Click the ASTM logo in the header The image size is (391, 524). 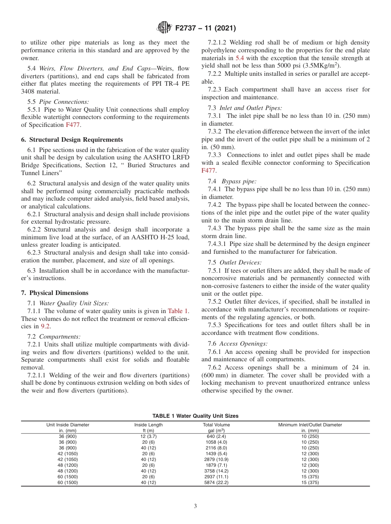[164, 28]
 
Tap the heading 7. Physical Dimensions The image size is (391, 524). [55, 293]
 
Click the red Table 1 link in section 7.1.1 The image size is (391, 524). [178, 311]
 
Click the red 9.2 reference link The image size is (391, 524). [45, 326]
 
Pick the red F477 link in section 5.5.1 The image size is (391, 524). [73, 125]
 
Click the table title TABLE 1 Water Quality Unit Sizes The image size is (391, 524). [195, 416]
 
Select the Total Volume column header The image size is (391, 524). [216, 425]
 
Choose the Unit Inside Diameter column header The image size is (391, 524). [67, 425]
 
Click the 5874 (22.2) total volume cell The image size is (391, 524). [216, 482]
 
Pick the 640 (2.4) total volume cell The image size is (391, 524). [216, 436]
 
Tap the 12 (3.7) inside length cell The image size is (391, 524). [148, 436]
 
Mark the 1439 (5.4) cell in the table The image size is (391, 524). [216, 454]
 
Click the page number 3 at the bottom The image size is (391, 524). [195, 506]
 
